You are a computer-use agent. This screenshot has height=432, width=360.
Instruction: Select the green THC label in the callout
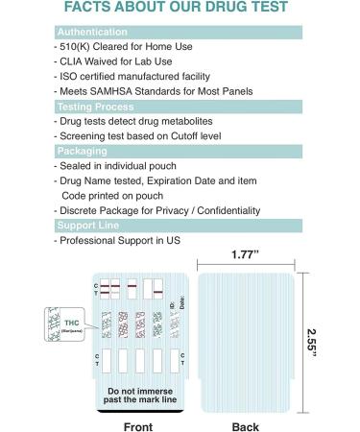(68, 321)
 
